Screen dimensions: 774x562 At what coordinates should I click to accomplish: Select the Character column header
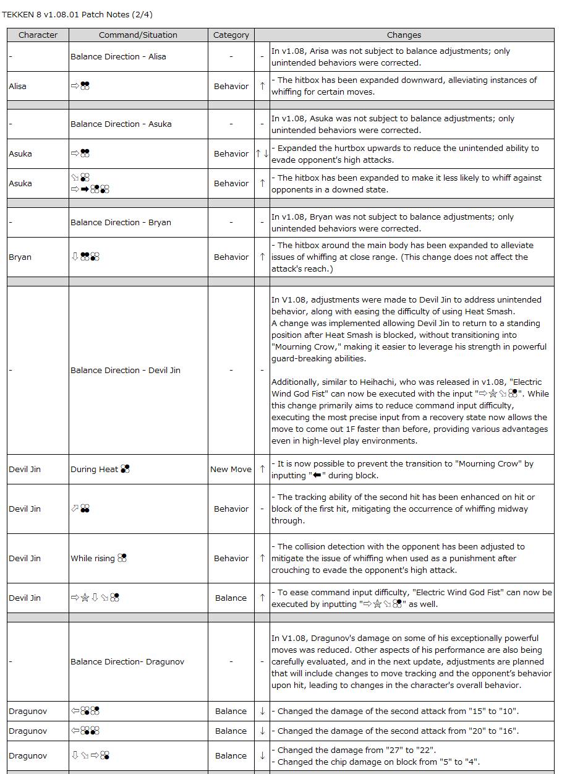tap(38, 35)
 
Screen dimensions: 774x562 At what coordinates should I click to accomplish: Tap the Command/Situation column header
tap(138, 35)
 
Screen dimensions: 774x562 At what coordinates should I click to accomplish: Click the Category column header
tap(231, 35)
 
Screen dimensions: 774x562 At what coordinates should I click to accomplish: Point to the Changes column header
tap(404, 35)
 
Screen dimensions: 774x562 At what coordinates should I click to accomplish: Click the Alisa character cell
tap(18, 86)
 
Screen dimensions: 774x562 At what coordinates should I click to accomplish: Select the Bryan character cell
tap(20, 257)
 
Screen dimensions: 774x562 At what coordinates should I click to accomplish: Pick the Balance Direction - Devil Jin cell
tap(126, 370)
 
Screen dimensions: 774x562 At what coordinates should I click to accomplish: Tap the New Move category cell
tap(231, 469)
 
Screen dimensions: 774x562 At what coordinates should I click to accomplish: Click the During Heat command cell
tap(100, 469)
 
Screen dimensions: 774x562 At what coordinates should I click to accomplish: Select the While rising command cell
tap(98, 558)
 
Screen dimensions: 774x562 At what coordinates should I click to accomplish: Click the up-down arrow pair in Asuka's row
tap(262, 153)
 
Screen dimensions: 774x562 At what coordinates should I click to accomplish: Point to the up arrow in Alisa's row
tap(262, 86)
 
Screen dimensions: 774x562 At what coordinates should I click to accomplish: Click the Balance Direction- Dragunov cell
tap(127, 661)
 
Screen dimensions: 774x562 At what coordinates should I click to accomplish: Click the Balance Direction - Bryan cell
tap(121, 222)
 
